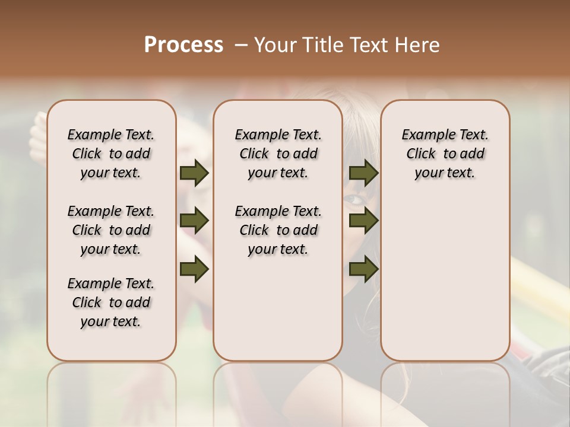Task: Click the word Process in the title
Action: (183, 45)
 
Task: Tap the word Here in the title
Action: (417, 45)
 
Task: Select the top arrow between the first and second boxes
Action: (194, 173)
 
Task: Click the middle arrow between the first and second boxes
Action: (194, 221)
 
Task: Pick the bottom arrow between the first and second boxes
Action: (194, 269)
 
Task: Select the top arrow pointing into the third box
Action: (363, 173)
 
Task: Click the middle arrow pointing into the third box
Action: (363, 221)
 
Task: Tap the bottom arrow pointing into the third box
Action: (363, 269)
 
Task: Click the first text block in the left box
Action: (111, 154)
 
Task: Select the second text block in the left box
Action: (111, 230)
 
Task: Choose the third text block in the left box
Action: (111, 302)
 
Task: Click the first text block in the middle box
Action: (278, 154)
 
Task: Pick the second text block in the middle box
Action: (278, 230)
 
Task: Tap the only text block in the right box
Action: (445, 154)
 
